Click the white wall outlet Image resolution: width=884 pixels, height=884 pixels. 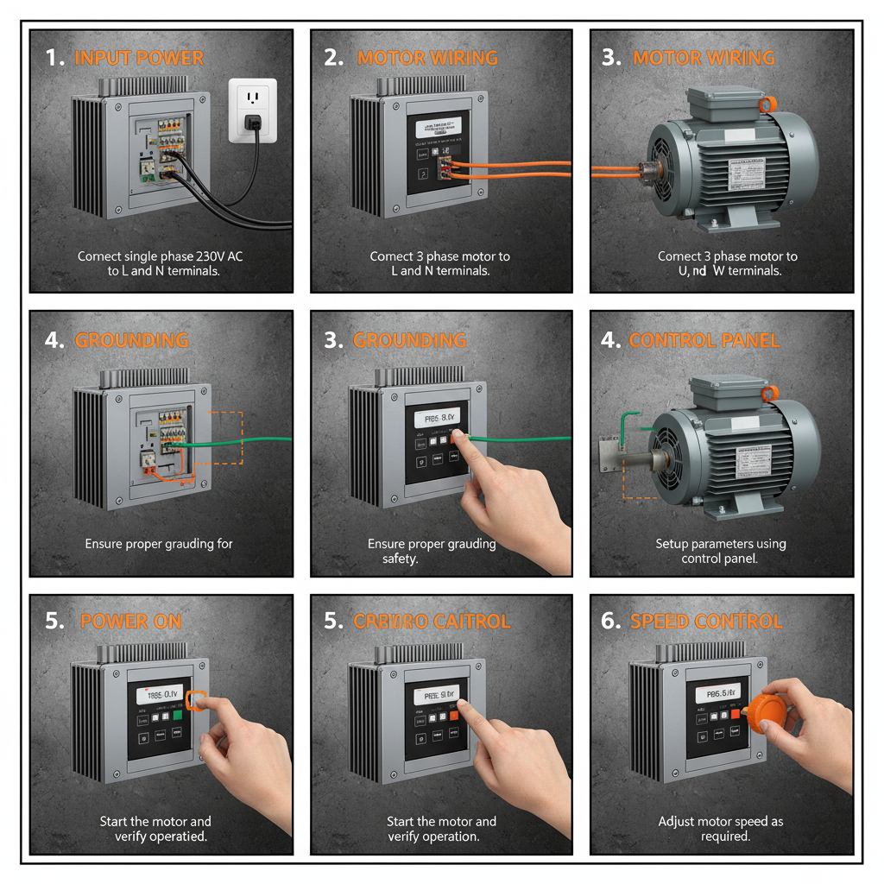click(x=252, y=110)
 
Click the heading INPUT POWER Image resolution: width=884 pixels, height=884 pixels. click(x=139, y=59)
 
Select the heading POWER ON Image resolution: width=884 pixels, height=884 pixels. click(x=130, y=622)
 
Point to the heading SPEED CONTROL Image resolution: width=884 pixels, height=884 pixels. click(x=706, y=622)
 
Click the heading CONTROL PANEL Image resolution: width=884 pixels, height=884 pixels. click(x=704, y=340)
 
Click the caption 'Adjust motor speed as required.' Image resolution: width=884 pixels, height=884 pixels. click(x=721, y=829)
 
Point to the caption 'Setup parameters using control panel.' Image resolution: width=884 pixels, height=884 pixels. click(x=721, y=551)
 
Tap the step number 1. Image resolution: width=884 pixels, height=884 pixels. click(x=54, y=59)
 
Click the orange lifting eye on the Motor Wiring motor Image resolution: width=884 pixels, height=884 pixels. click(x=766, y=105)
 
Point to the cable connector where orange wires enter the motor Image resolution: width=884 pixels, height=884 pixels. click(x=646, y=171)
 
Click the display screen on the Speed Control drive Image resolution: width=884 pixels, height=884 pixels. click(x=718, y=691)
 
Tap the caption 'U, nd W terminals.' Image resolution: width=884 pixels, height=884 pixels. click(x=719, y=270)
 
